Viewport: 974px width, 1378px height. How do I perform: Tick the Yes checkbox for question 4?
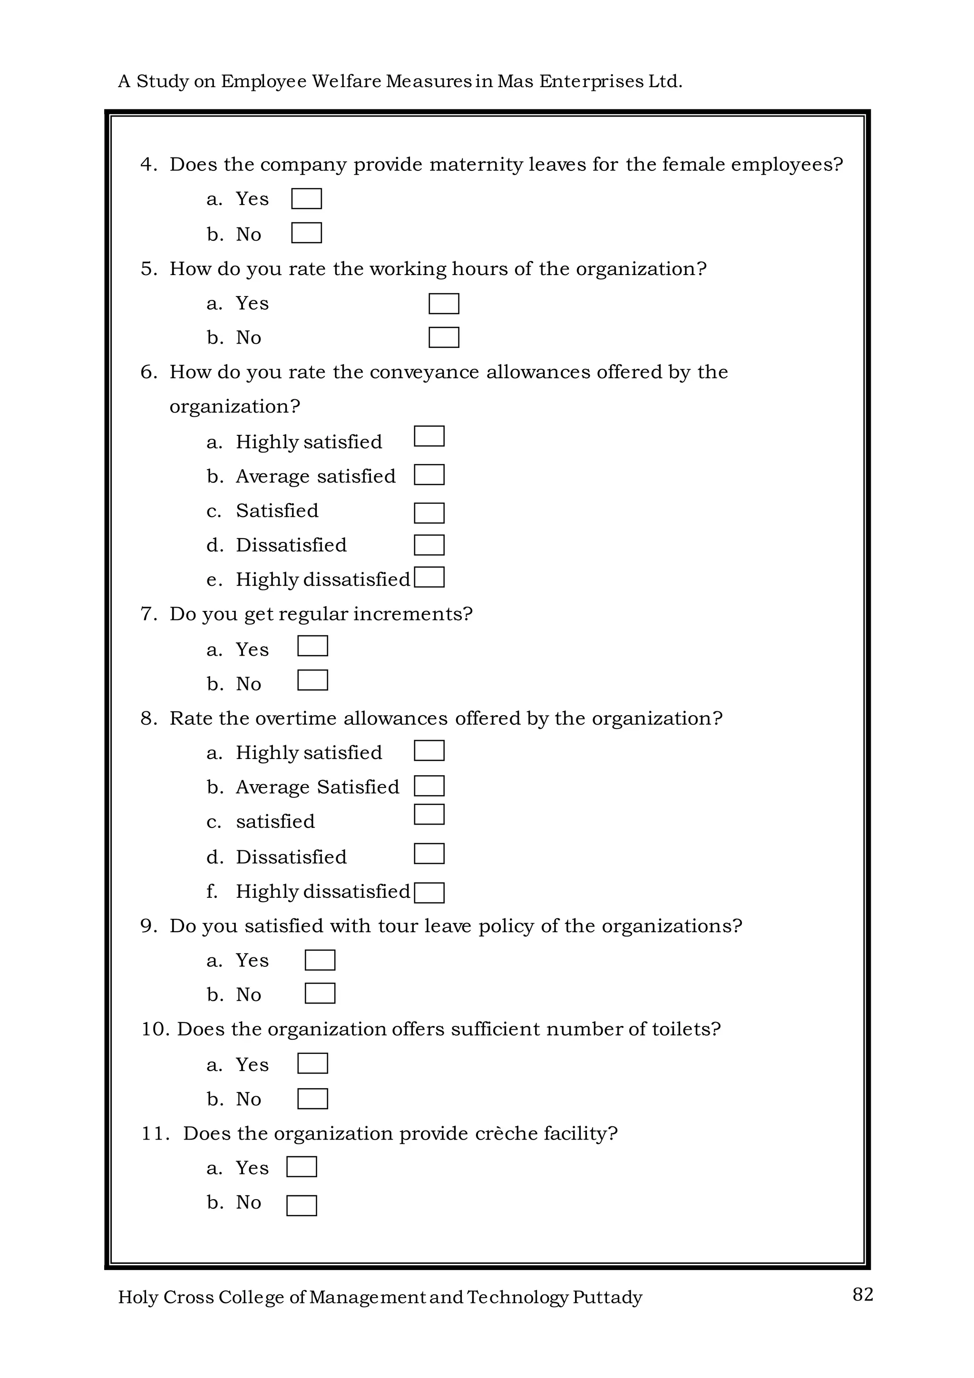point(306,198)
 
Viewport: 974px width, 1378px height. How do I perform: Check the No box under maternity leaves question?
point(306,233)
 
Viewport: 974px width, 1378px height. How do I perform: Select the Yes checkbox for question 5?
point(444,304)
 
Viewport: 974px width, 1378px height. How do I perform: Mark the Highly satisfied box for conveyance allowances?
point(429,436)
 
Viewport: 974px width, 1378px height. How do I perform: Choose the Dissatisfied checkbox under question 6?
point(429,545)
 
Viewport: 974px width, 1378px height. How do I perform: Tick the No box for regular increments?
point(313,680)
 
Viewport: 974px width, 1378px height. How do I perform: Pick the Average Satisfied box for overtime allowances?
point(429,786)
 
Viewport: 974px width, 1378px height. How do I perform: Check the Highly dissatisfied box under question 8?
point(429,893)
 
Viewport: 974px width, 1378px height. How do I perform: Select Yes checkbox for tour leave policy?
point(320,960)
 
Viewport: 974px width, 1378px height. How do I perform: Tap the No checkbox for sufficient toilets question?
point(313,1098)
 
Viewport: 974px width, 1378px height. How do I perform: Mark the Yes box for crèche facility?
point(302,1167)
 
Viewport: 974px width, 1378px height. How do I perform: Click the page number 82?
point(862,1295)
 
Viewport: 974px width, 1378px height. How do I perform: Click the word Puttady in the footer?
point(607,1298)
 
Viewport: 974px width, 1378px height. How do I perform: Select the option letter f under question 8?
point(212,891)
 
